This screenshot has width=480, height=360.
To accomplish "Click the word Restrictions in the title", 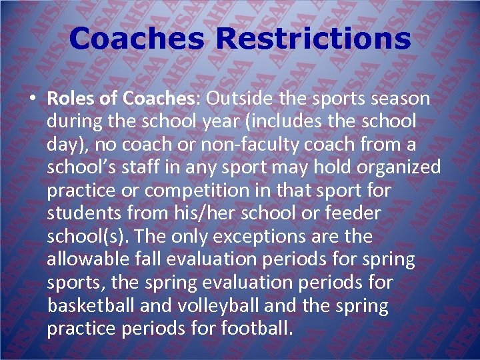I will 313,38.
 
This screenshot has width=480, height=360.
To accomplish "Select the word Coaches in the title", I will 137,38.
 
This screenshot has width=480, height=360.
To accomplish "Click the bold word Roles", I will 72,99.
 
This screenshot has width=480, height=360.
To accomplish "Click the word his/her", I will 204,213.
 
